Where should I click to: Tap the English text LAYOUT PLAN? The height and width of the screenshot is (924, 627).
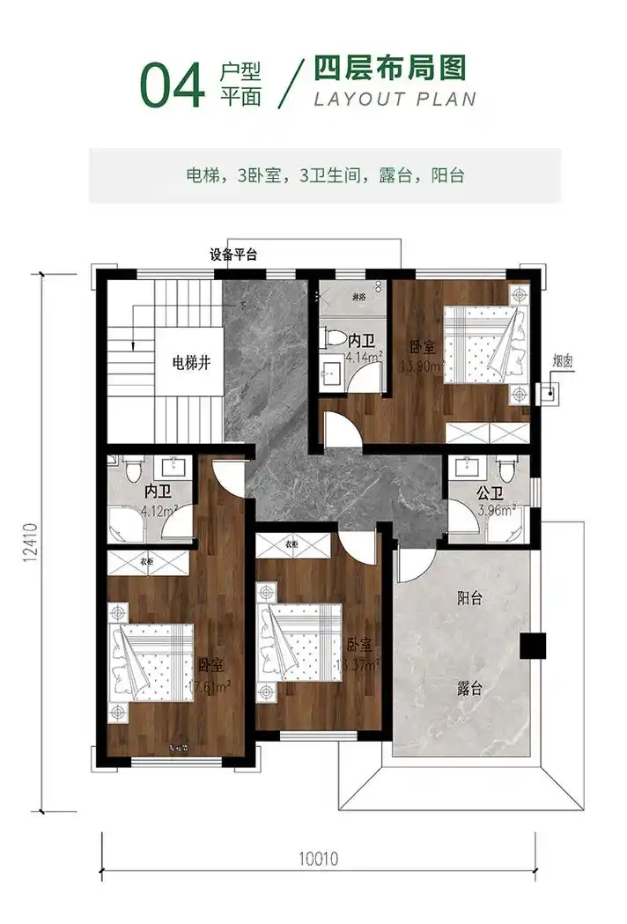pyautogui.click(x=395, y=98)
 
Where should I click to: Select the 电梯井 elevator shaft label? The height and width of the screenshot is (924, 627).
pyautogui.click(x=191, y=362)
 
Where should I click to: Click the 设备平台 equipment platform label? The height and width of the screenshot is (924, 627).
pyautogui.click(x=233, y=255)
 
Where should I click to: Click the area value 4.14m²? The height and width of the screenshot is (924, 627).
pyautogui.click(x=363, y=358)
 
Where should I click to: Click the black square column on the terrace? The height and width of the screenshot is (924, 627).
pyautogui.click(x=532, y=646)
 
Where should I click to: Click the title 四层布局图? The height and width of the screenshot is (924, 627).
pyautogui.click(x=390, y=68)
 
